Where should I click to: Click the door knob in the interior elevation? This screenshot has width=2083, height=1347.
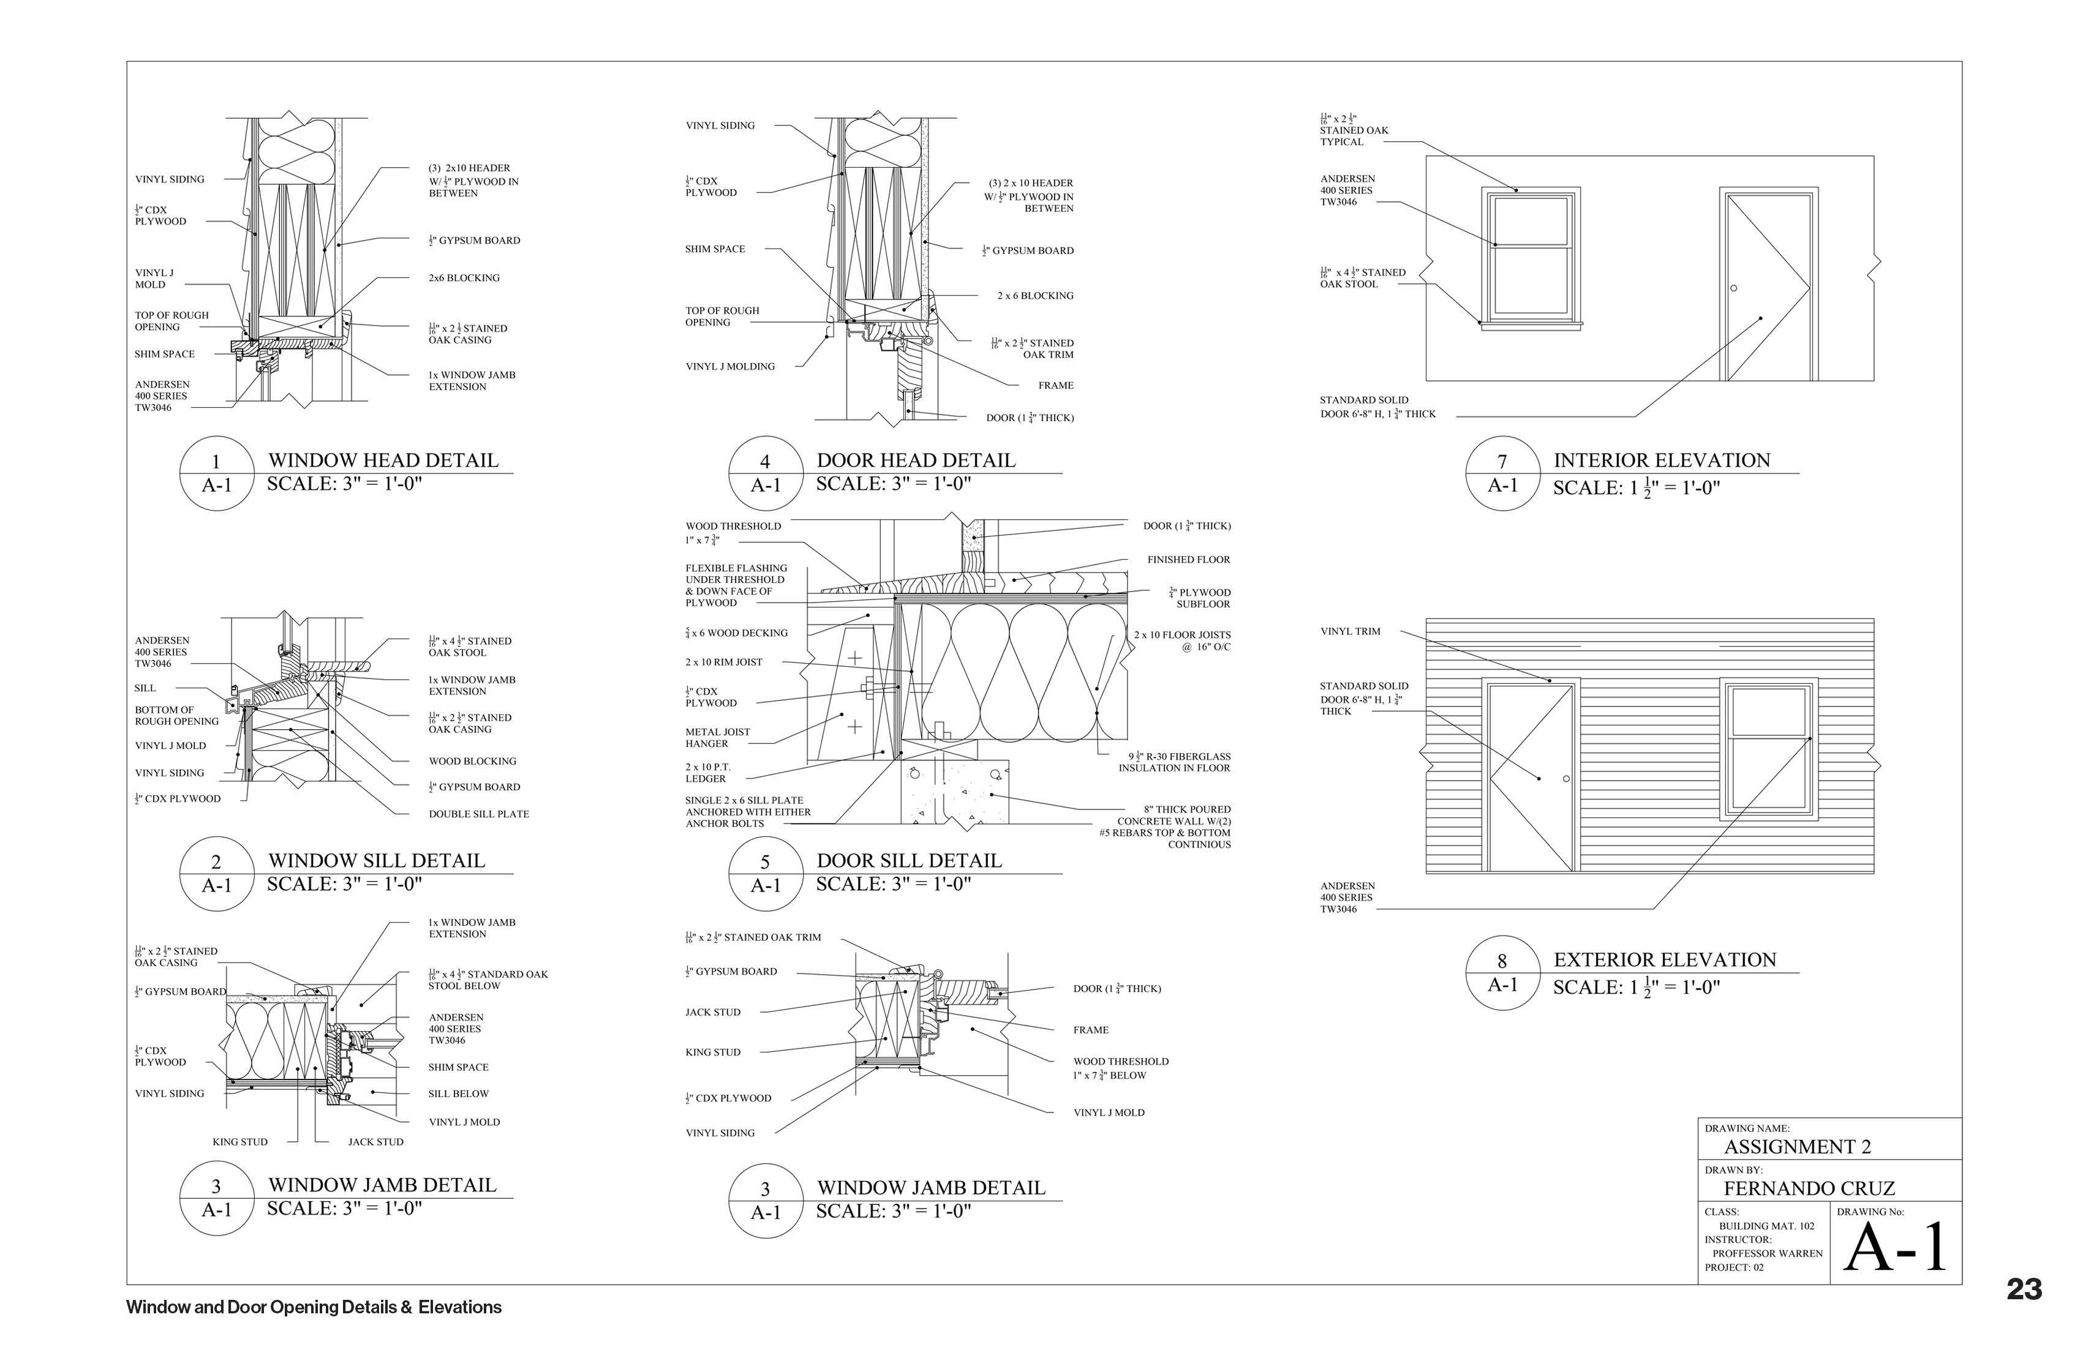pyautogui.click(x=1733, y=288)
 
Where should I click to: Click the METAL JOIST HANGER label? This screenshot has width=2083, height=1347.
pyautogui.click(x=717, y=737)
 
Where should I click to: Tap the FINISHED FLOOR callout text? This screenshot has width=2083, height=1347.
pyautogui.click(x=1188, y=560)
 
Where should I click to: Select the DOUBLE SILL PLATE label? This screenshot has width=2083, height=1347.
pyautogui.click(x=478, y=814)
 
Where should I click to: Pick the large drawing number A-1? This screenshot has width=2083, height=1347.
pyautogui.click(x=1895, y=1247)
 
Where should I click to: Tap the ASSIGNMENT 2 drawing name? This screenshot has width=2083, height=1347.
pyautogui.click(x=1797, y=1146)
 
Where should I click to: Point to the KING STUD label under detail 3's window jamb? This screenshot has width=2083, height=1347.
pyautogui.click(x=239, y=1141)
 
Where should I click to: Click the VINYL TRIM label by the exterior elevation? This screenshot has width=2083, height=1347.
pyautogui.click(x=1350, y=631)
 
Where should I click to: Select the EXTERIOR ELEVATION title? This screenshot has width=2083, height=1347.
pyautogui.click(x=1664, y=959)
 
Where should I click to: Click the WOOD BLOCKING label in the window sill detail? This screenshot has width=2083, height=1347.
pyautogui.click(x=472, y=762)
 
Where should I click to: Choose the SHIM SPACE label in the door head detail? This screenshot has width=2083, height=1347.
pyautogui.click(x=715, y=249)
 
